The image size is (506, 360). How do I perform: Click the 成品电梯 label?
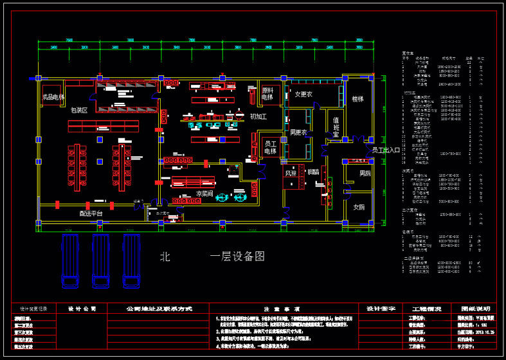[x=53, y=97]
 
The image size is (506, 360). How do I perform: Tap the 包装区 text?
[x=79, y=111]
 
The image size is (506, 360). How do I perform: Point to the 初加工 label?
[x=258, y=116]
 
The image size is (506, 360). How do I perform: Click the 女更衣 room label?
[x=303, y=94]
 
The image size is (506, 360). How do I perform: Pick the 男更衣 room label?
[x=298, y=133]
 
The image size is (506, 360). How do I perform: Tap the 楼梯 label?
[x=357, y=99]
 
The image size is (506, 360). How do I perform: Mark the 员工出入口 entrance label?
[x=386, y=150]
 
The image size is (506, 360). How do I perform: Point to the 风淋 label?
[x=291, y=172]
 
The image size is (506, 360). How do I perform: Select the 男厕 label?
[x=365, y=174]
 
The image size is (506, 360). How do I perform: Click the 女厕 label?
[x=359, y=207]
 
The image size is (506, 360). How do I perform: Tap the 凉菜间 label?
[x=204, y=193]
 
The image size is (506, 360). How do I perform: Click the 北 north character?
[x=165, y=256]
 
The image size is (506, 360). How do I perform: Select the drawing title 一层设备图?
[x=237, y=256]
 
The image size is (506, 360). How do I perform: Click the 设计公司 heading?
[x=82, y=309]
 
